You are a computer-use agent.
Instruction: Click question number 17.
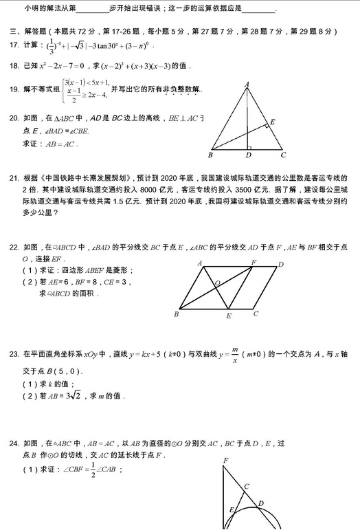pyautogui.click(x=13, y=45)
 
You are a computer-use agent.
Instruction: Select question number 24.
pyautogui.click(x=13, y=443)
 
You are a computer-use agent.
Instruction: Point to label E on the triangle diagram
pyautogui.click(x=273, y=122)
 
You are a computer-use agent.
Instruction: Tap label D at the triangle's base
pyautogui.click(x=248, y=155)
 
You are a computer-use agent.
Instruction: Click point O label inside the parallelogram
pyautogui.click(x=217, y=283)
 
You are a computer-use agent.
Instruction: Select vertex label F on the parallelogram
pyautogui.click(x=253, y=263)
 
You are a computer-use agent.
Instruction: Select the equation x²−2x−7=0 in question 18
pyautogui.click(x=71, y=66)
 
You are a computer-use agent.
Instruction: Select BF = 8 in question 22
pyautogui.click(x=82, y=281)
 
